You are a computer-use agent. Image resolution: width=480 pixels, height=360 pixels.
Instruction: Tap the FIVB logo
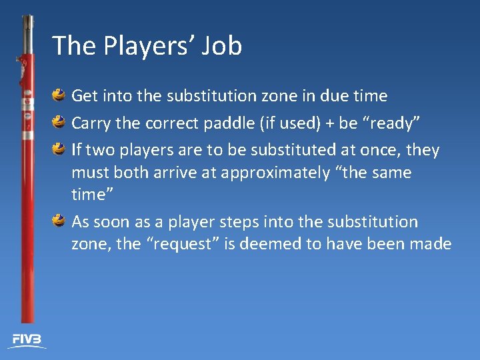tap(26, 340)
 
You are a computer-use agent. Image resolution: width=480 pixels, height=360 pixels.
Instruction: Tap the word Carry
tap(91, 123)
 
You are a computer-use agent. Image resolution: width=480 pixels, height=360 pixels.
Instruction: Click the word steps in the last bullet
tap(227, 222)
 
